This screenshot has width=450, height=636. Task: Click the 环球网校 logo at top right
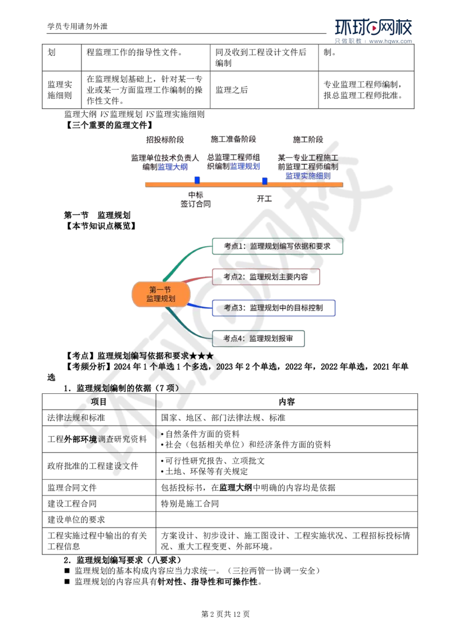(x=373, y=30)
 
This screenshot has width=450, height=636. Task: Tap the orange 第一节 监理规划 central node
(x=161, y=294)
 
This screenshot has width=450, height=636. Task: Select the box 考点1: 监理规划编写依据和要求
(x=277, y=246)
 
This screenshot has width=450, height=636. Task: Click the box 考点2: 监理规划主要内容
(x=265, y=276)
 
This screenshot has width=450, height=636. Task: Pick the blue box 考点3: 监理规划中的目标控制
(x=273, y=308)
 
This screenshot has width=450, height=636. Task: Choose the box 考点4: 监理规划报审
(x=258, y=339)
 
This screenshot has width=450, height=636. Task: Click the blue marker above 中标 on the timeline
(x=197, y=180)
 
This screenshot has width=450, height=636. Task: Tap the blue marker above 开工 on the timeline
(x=265, y=181)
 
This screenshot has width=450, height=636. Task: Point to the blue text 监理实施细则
(x=308, y=176)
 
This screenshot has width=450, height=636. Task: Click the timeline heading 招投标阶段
(x=165, y=140)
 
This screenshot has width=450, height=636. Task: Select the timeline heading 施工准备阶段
(x=233, y=139)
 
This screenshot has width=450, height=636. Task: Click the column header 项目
(x=98, y=402)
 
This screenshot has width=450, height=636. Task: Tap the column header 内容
(x=287, y=402)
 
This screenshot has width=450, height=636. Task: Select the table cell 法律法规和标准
(x=76, y=418)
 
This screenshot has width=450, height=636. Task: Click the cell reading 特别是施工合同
(x=190, y=504)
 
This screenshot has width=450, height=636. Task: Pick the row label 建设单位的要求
(x=76, y=520)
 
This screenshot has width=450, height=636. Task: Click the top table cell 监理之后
(x=232, y=90)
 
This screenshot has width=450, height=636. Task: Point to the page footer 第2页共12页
(x=226, y=614)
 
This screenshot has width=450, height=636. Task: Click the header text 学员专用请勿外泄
(x=78, y=26)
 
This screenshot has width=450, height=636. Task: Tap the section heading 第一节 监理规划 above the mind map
(x=97, y=215)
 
